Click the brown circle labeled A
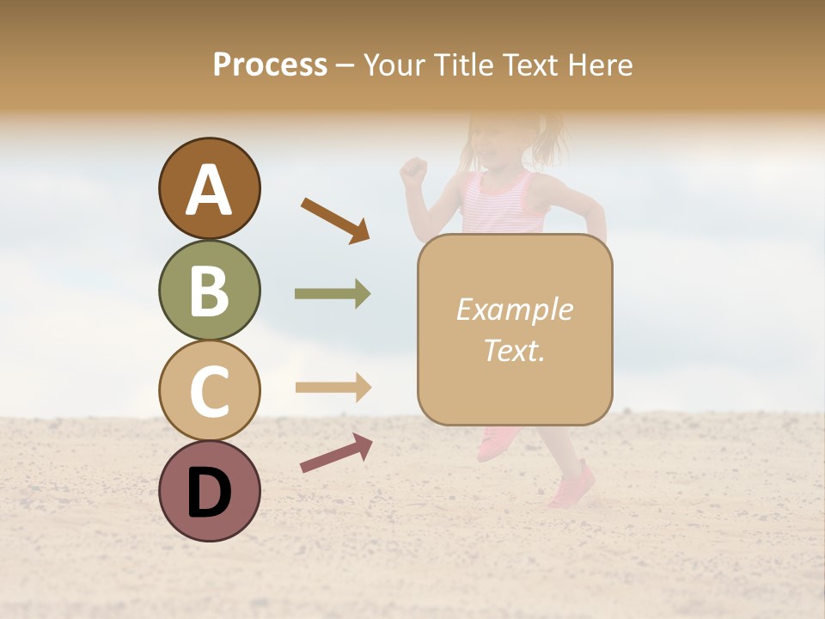tap(209, 189)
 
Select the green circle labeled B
tap(209, 290)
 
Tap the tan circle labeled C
tap(209, 390)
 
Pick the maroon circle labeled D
tap(209, 491)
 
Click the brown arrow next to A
tap(334, 219)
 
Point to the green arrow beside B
tap(333, 294)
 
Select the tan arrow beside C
tap(333, 387)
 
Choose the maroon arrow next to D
tap(335, 453)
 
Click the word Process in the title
tap(270, 64)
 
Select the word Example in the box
tap(514, 309)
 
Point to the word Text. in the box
tap(514, 350)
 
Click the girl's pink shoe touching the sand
tap(572, 487)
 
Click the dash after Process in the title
tap(345, 66)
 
